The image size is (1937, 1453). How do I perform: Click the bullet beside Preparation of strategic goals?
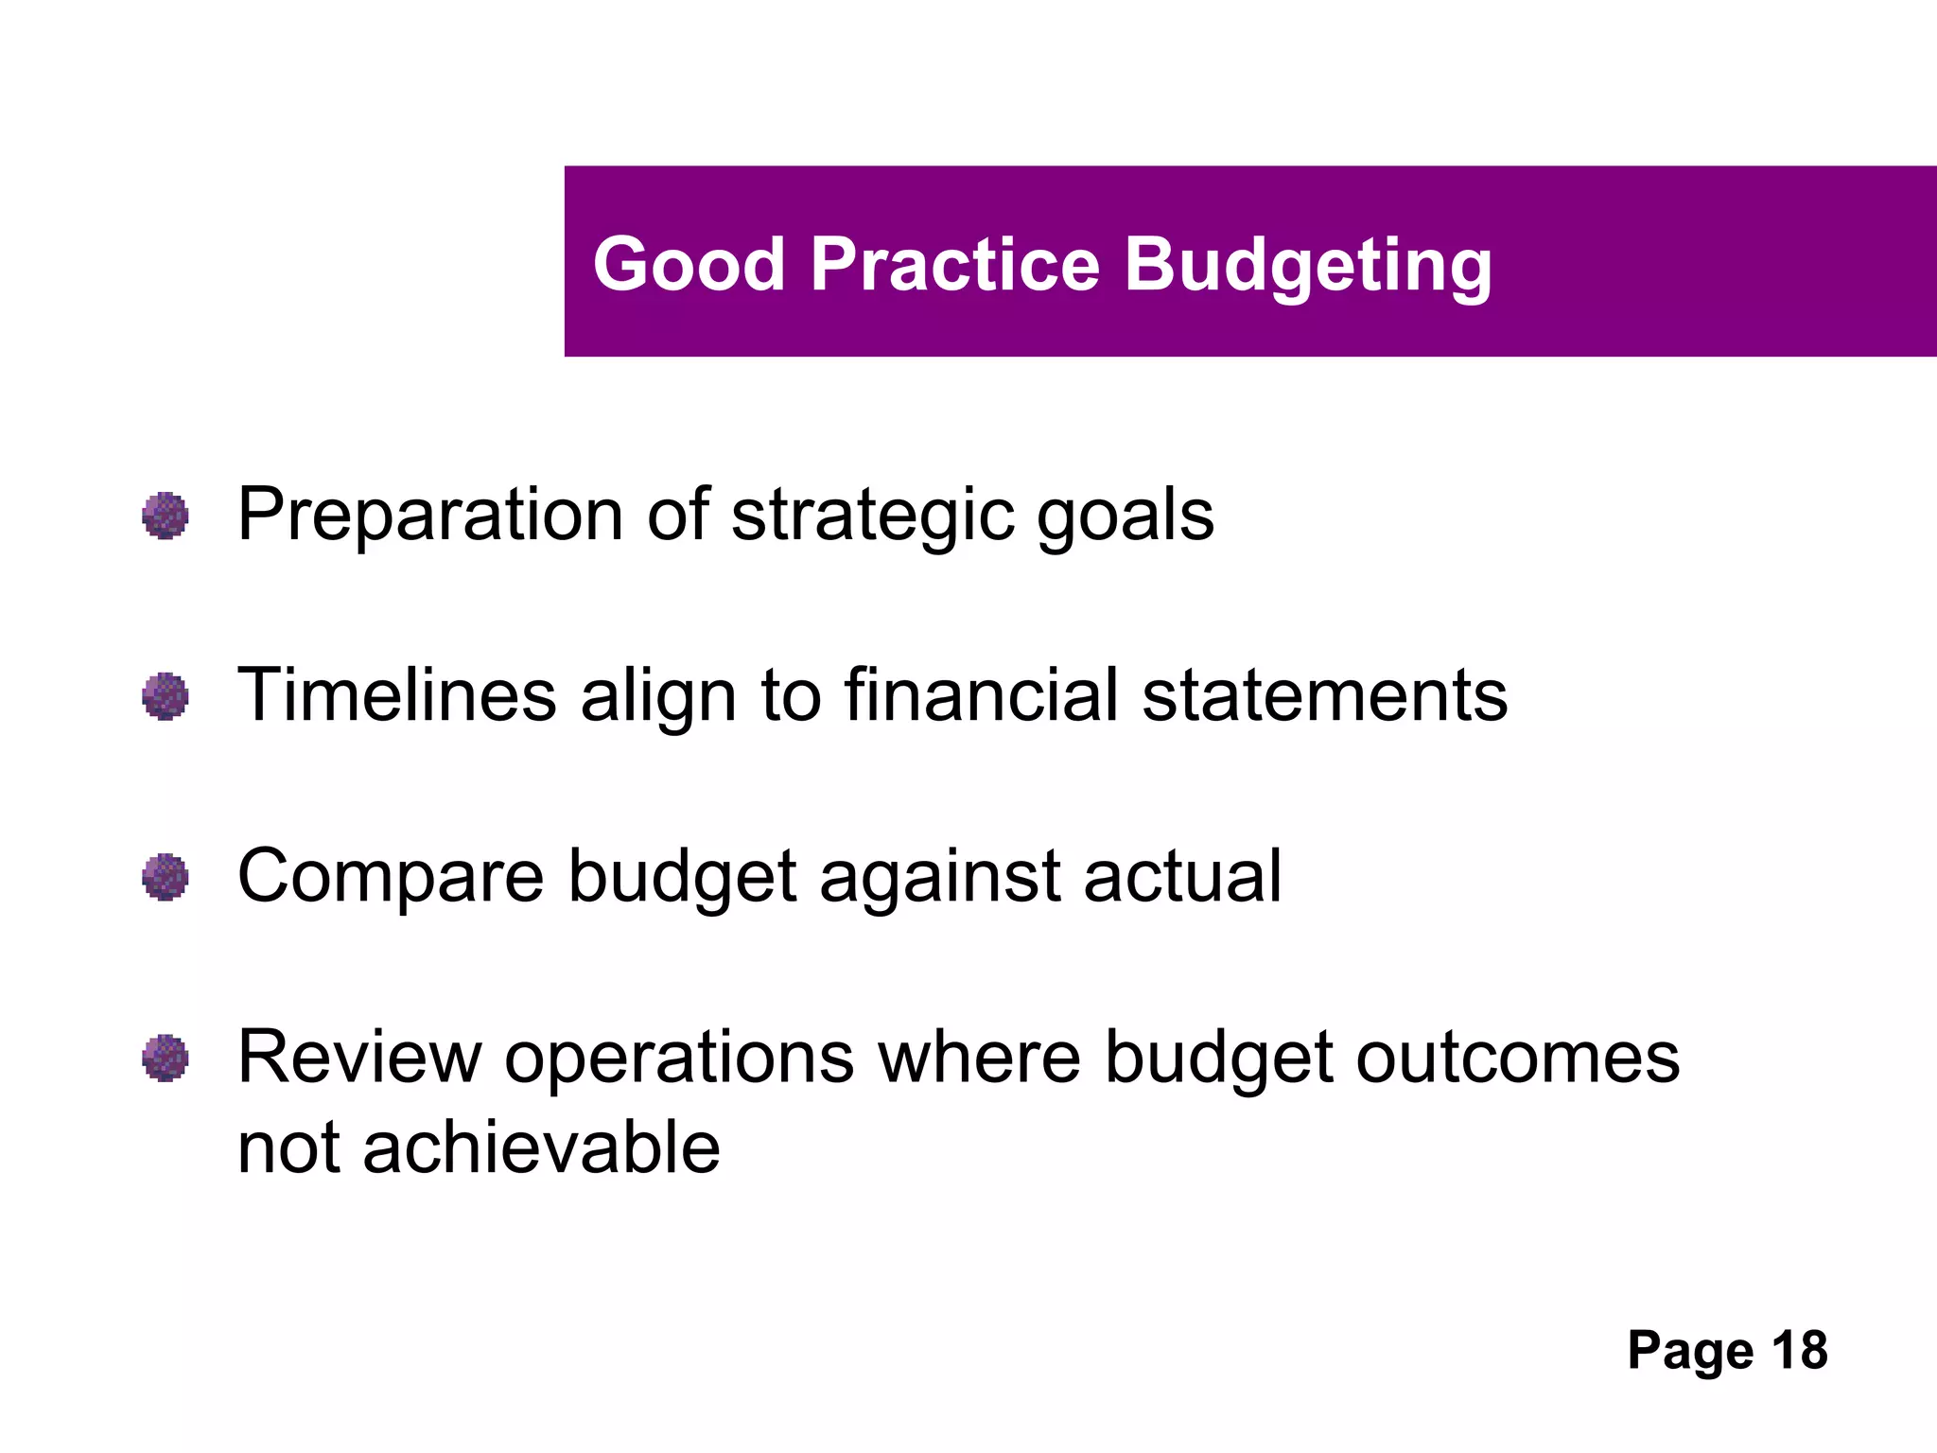(x=166, y=516)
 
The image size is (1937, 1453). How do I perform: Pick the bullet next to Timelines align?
(x=166, y=696)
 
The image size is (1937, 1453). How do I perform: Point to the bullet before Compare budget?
(x=166, y=877)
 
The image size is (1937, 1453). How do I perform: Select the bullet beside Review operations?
(x=166, y=1058)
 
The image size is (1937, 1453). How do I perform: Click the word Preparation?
(x=430, y=516)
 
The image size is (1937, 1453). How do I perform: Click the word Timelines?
(x=396, y=695)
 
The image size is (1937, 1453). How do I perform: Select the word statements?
(x=1324, y=697)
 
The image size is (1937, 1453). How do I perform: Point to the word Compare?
(x=390, y=878)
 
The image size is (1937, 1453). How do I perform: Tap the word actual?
(x=1182, y=877)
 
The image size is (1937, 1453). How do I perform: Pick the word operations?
(x=679, y=1059)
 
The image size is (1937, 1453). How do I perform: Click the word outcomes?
(x=1517, y=1058)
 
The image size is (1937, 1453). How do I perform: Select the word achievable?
(x=541, y=1147)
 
